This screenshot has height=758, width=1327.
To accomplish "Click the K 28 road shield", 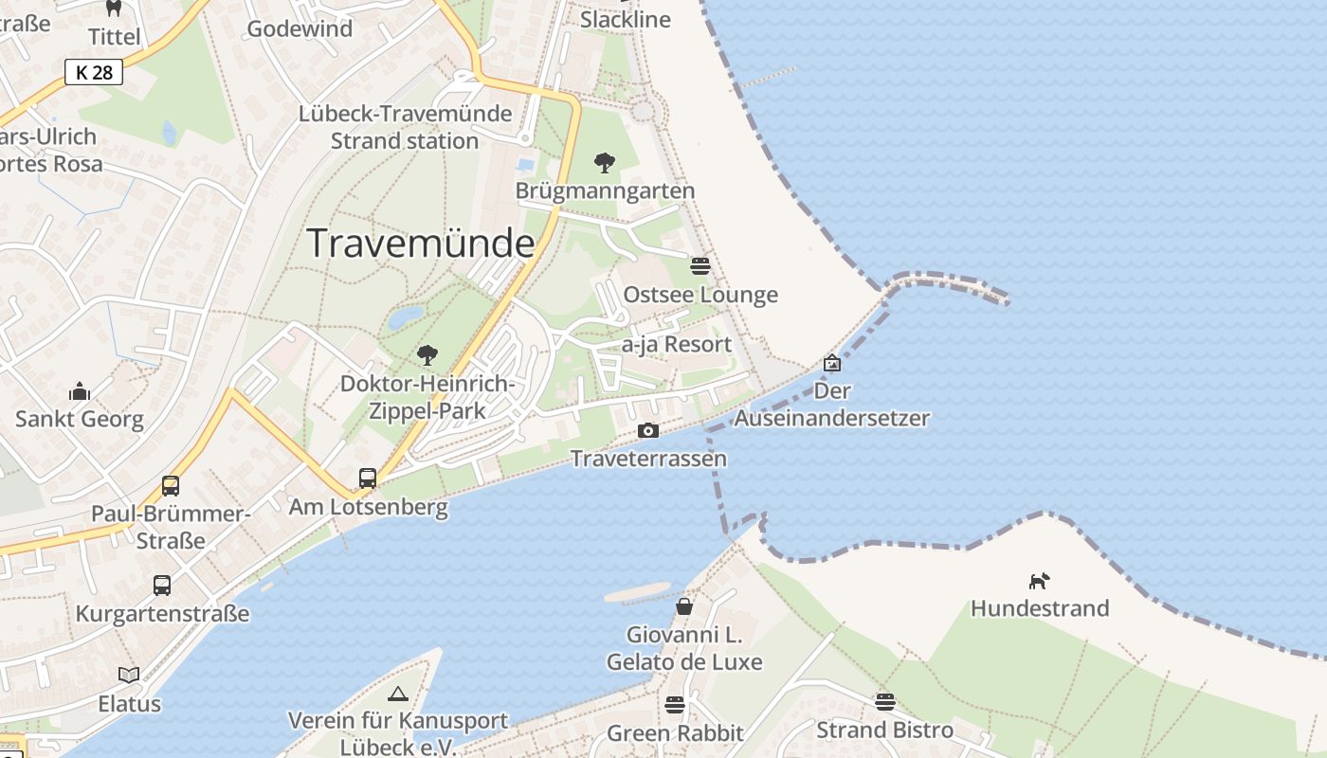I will click(x=95, y=72).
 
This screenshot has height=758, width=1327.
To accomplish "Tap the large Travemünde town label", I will click(x=421, y=244).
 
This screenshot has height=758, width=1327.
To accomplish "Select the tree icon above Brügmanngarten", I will click(x=605, y=163).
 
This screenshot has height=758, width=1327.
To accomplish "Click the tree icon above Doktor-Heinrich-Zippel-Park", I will click(x=427, y=355).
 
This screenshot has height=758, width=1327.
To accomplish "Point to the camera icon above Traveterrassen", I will click(x=648, y=431).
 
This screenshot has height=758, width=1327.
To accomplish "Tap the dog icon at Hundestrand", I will click(x=1040, y=580).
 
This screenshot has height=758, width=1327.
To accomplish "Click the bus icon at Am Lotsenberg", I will click(x=368, y=478).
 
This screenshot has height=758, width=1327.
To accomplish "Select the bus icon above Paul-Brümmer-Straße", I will click(x=171, y=486).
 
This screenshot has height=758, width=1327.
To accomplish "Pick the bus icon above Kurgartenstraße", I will click(x=162, y=586).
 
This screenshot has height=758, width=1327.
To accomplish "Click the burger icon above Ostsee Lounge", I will click(x=700, y=266).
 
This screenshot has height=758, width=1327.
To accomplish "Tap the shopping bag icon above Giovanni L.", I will click(x=684, y=606).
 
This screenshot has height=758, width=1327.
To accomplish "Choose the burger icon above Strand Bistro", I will click(x=885, y=702).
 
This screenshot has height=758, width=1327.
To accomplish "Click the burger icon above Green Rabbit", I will click(x=675, y=705).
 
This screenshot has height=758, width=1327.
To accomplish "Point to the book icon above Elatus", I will click(x=129, y=676).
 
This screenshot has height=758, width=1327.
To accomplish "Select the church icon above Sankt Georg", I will click(x=80, y=391).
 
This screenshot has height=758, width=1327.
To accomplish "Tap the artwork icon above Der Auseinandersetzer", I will click(x=832, y=363).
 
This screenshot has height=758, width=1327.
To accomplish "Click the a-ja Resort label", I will click(x=677, y=345).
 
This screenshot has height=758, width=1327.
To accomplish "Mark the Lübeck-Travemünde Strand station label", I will click(x=405, y=127).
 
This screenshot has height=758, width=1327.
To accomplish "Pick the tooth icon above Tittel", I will click(x=114, y=9).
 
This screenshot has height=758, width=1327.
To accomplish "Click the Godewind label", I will click(x=300, y=28).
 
